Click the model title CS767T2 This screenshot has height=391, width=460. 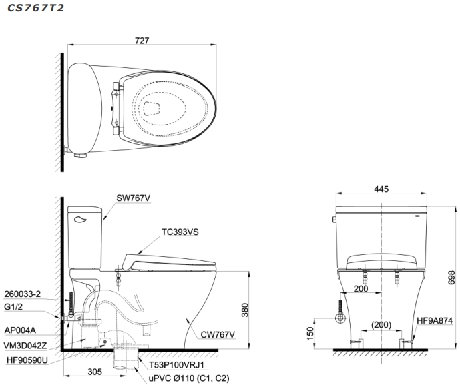(35, 8)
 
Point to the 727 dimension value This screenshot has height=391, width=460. (142, 41)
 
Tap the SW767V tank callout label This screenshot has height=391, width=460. (133, 198)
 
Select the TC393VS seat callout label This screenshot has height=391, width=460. (180, 232)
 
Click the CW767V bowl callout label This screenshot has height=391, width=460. (218, 334)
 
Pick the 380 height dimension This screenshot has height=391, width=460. (244, 310)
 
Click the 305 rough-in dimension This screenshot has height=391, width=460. (95, 372)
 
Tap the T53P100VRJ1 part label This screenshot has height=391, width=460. (176, 365)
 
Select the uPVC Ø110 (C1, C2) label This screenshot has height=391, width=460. (189, 378)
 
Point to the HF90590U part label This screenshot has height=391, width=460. (27, 360)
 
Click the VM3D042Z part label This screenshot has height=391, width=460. (25, 346)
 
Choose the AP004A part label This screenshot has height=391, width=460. (20, 330)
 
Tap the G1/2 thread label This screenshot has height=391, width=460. (13, 307)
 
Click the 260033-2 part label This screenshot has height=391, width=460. (23, 294)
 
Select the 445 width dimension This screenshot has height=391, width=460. (381, 189)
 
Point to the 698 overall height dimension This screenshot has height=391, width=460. (451, 278)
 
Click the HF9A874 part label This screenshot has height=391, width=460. (435, 321)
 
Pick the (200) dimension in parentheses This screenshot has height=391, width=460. (381, 325)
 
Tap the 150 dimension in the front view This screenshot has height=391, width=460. (310, 333)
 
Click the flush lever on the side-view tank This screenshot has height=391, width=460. (80, 219)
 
